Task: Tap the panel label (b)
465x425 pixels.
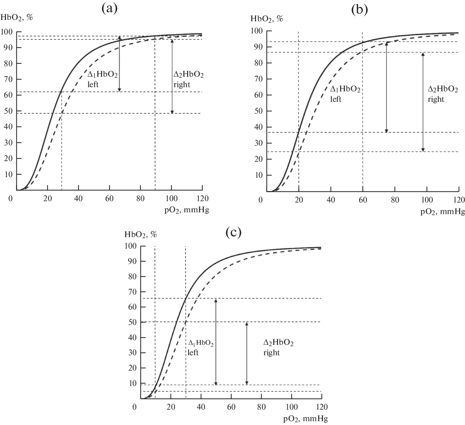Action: (359, 9)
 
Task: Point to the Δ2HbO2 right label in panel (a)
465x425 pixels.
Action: (188, 79)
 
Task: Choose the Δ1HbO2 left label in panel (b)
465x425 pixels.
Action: (345, 94)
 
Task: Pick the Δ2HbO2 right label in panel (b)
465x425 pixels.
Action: (443, 94)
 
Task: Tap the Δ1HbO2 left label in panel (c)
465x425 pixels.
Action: (201, 348)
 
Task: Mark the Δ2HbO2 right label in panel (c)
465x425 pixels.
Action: (278, 348)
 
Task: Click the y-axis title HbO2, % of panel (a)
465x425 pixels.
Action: (17, 17)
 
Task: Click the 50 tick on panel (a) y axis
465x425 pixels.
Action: (8, 111)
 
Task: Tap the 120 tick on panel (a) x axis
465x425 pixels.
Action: (202, 199)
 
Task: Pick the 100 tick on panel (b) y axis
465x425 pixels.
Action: (257, 31)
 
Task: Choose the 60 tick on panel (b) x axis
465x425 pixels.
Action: (363, 200)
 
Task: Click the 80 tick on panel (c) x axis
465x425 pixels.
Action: (261, 407)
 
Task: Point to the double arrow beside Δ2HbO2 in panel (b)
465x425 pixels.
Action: (423, 102)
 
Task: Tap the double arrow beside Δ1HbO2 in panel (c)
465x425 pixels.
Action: (216, 342)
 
